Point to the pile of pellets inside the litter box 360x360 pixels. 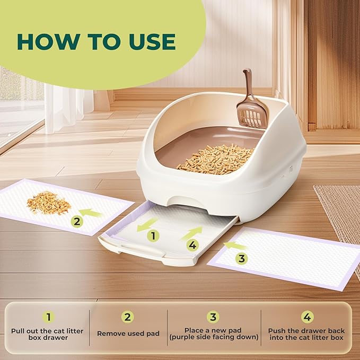[x=215, y=159]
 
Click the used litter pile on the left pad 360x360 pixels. [x=49, y=203]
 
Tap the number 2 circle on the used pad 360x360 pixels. [x=77, y=222]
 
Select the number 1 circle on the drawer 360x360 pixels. [x=153, y=235]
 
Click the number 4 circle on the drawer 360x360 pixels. [x=192, y=245]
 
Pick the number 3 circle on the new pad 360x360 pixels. [x=242, y=259]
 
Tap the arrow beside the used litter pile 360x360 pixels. [x=90, y=213]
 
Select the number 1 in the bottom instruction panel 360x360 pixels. [x=49, y=317]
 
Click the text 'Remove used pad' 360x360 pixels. [x=128, y=333]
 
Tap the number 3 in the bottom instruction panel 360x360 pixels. [x=213, y=317]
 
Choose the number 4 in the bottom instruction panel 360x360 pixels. [x=307, y=317]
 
